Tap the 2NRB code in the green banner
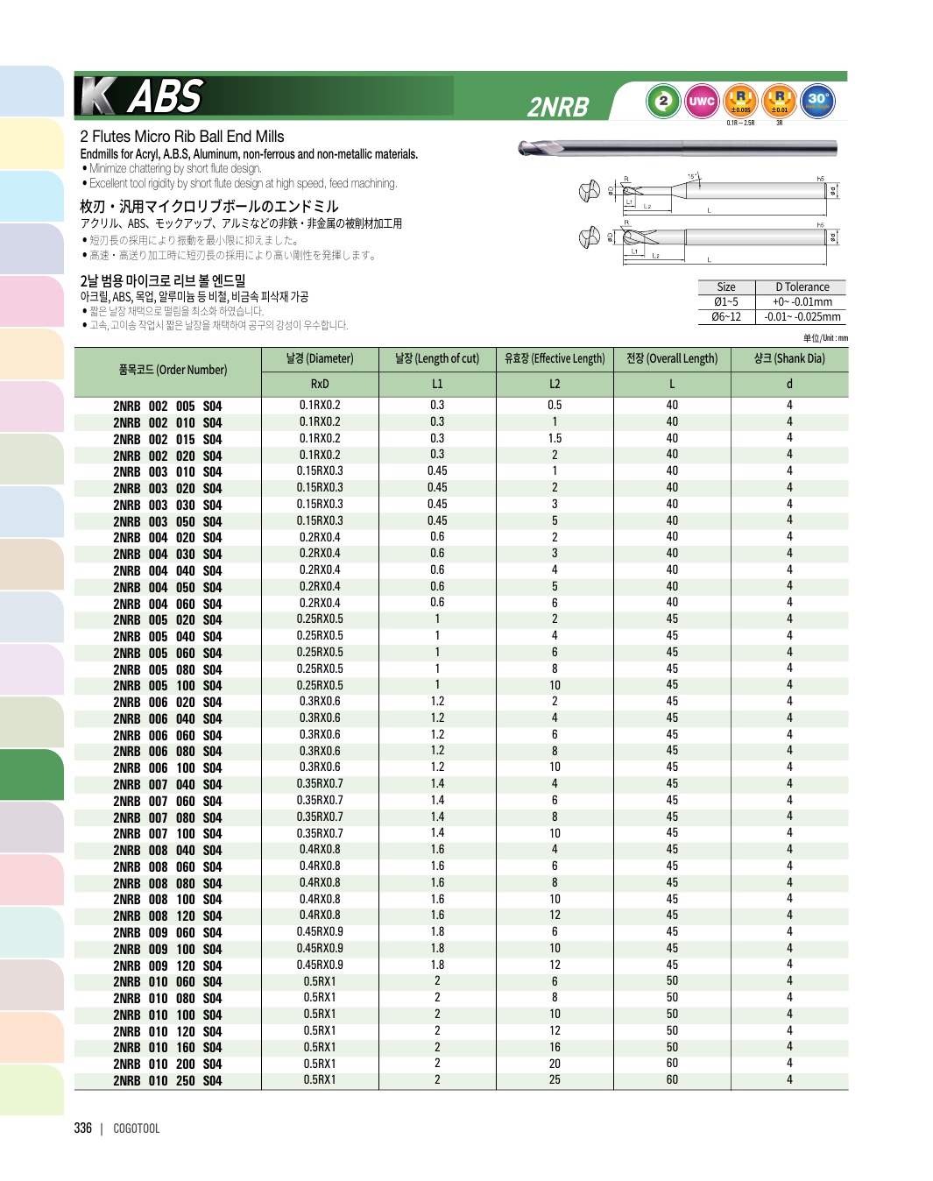(558, 107)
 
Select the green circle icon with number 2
(663, 101)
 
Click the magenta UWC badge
(702, 101)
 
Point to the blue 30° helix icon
(818, 101)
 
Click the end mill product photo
(677, 148)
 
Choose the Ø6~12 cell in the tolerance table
(726, 317)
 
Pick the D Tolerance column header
(802, 287)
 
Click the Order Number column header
(173, 370)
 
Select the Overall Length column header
(672, 358)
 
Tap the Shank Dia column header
(788, 358)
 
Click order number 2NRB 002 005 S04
(167, 407)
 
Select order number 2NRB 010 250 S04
(167, 1081)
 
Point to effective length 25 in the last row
(555, 1080)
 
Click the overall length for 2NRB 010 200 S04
(672, 1064)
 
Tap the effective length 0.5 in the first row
(555, 406)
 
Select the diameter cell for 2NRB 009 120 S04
(320, 965)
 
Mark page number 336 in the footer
(83, 1128)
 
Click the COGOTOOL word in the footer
(137, 1128)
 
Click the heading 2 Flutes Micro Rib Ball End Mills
(182, 137)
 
